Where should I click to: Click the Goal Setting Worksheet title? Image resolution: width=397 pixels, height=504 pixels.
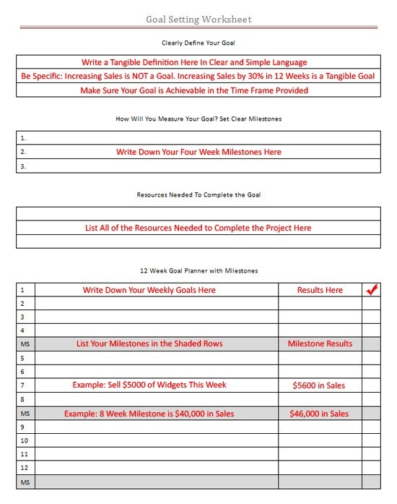[x=198, y=20]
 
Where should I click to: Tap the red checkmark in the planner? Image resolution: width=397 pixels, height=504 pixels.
[x=372, y=290]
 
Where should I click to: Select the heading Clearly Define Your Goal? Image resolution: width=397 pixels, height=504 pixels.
[x=198, y=43]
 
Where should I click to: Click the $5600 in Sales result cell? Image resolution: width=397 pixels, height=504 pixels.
[x=319, y=385]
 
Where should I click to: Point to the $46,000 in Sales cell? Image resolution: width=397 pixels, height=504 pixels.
[x=320, y=414]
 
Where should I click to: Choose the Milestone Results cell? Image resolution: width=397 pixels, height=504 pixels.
[x=320, y=343]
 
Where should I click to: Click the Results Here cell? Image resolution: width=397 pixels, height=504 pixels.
[x=320, y=290]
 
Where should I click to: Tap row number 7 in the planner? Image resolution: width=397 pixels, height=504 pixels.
[x=24, y=385]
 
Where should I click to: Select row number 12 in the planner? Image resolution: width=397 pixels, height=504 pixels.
[x=25, y=467]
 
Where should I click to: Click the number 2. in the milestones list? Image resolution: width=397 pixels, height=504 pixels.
[x=24, y=152]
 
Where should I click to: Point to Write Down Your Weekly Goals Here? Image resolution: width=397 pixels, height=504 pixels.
[x=149, y=290]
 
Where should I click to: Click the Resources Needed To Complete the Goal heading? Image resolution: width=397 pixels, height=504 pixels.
[x=198, y=195]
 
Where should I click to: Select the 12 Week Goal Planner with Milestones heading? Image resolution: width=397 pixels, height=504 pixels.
[x=198, y=270]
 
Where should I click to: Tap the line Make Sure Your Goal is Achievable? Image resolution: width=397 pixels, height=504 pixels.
[x=194, y=90]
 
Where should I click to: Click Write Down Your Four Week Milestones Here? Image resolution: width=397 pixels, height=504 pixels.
[x=198, y=152]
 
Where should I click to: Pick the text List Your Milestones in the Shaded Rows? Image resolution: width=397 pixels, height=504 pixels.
[x=149, y=343]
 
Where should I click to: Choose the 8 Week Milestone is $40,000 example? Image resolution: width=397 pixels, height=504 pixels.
[x=149, y=414]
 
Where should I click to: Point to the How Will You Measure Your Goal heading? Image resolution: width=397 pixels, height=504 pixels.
[x=198, y=119]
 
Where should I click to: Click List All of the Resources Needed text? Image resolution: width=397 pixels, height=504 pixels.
[x=198, y=228]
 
